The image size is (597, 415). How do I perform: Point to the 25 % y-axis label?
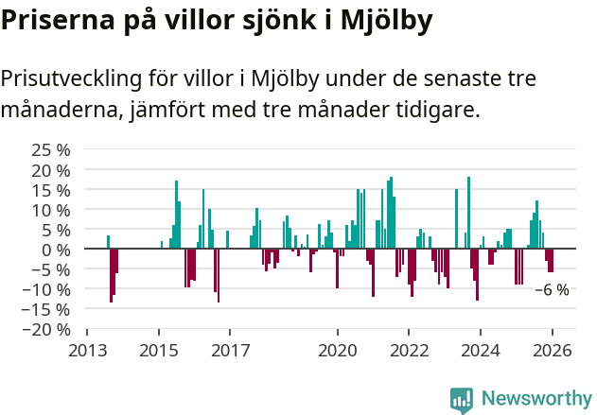(51, 150)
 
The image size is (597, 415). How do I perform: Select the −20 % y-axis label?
(47, 329)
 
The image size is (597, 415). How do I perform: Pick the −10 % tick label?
(47, 289)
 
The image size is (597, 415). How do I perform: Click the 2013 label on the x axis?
(87, 350)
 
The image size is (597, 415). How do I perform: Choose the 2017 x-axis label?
(230, 350)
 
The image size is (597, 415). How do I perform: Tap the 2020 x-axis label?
(336, 350)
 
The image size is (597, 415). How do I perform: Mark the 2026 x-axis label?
(552, 350)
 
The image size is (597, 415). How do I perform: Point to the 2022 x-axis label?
(409, 350)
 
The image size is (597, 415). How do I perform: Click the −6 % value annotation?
(552, 290)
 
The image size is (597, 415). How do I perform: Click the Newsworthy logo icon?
(462, 400)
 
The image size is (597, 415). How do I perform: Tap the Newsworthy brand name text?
(536, 399)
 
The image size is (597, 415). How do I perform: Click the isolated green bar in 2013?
(108, 242)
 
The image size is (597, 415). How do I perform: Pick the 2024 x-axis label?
(480, 350)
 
